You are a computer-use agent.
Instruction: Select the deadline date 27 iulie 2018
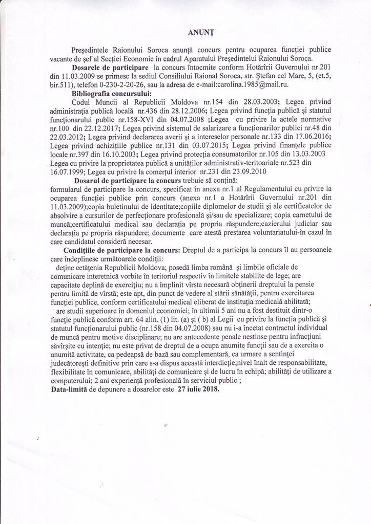(x=198, y=389)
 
